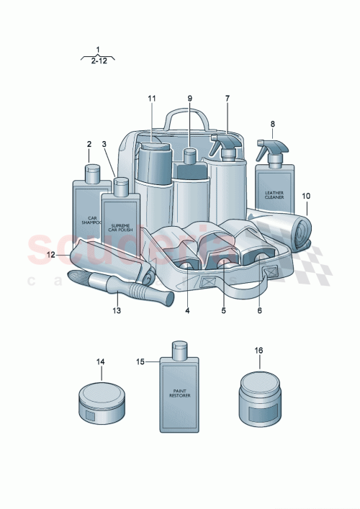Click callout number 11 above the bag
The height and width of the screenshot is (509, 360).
[x=151, y=98]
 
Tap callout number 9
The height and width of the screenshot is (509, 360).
[x=190, y=98]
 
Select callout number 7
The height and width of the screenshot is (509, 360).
[x=227, y=98]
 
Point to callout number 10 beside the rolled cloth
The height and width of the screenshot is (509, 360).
[x=306, y=196]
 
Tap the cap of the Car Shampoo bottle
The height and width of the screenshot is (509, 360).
[x=92, y=172]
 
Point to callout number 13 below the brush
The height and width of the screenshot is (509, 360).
[x=116, y=311]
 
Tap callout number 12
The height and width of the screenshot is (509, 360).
[x=51, y=254]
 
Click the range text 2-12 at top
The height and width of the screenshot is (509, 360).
[x=98, y=62]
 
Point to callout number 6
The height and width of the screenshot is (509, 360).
[x=260, y=311]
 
